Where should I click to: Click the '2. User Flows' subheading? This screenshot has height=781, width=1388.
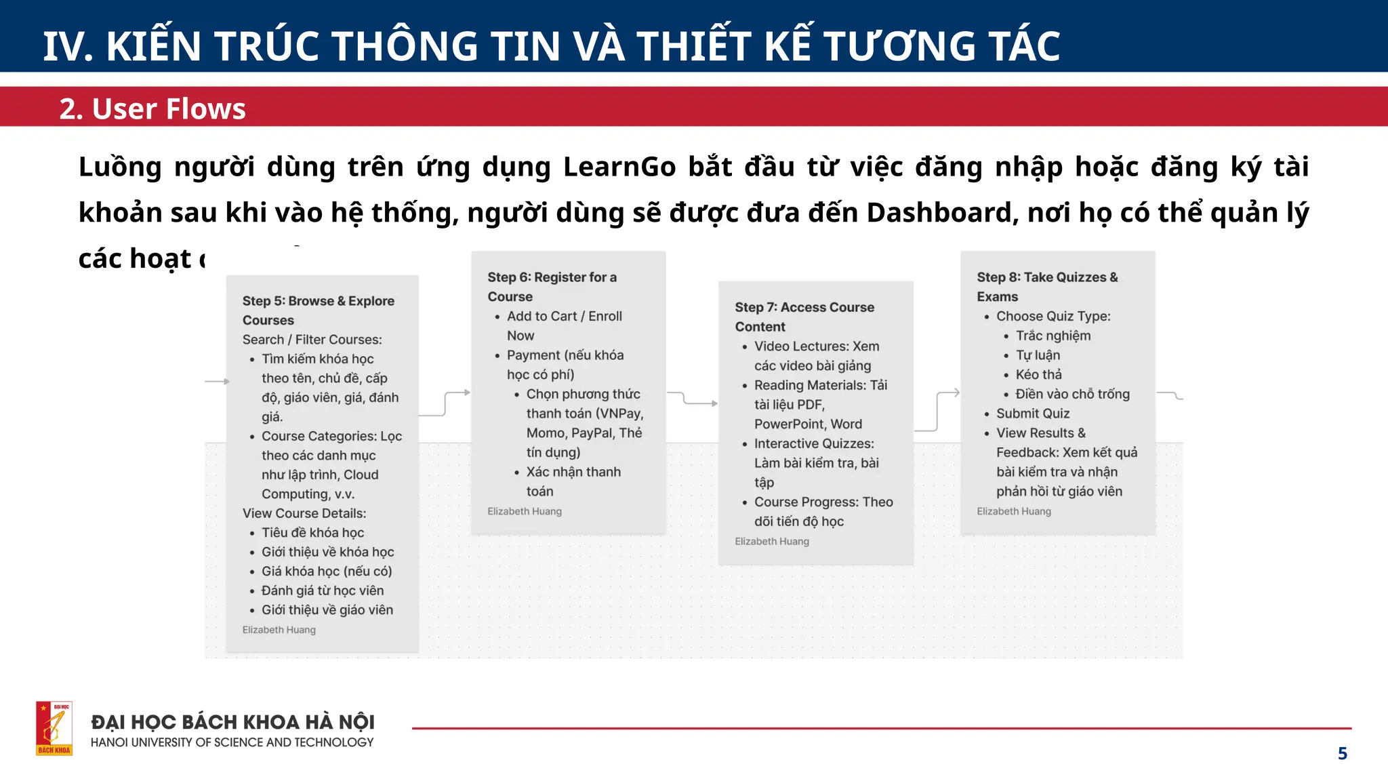coord(152,108)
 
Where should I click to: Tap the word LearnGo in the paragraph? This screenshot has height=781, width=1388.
coord(619,167)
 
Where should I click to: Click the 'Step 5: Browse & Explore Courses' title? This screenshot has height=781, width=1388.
coord(318,311)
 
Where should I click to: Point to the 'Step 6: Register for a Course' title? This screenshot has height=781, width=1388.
coord(552,287)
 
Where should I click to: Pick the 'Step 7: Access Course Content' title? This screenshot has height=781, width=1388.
coord(804,317)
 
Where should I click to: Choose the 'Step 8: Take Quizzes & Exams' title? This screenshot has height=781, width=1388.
coord(1046,287)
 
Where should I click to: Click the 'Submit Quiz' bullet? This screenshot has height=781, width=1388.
coord(1032,414)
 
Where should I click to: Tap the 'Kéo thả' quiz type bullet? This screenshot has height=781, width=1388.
coord(1038,375)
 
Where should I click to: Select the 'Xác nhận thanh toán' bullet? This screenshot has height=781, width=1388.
coord(573,481)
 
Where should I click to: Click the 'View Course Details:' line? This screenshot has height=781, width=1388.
coord(304,514)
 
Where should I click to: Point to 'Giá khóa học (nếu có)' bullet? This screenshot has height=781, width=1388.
coord(327,572)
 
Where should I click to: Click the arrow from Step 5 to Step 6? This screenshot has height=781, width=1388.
coord(445,403)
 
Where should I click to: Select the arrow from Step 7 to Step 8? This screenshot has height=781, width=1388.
coord(938,411)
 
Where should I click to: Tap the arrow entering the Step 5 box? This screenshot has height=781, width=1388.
coord(217,382)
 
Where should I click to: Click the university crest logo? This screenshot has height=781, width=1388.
coord(54,728)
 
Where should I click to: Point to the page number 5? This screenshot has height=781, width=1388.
coord(1342,754)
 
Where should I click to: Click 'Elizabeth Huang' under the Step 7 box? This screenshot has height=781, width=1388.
coord(771,542)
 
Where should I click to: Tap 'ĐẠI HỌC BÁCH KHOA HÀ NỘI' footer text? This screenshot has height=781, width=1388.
coord(232,722)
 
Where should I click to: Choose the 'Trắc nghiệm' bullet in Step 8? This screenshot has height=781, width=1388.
coord(1053,336)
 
